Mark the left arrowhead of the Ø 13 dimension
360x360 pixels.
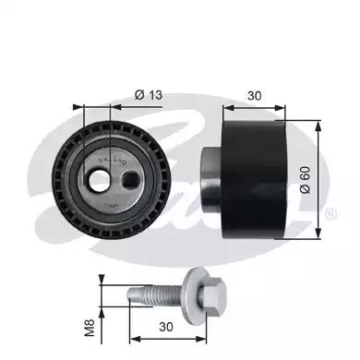[x=85, y=106]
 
